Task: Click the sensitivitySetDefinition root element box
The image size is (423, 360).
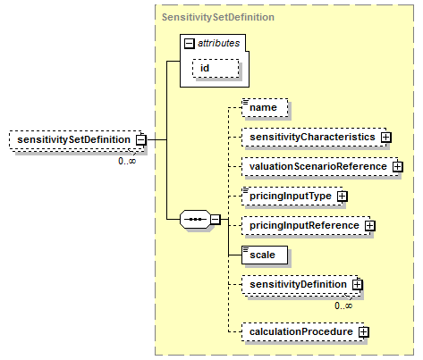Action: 78,140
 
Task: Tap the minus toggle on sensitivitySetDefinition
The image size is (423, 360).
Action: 141,140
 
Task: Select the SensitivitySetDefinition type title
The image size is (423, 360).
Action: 218,17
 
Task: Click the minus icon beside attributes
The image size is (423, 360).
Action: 190,44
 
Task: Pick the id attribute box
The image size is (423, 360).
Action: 216,69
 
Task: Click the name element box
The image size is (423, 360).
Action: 265,107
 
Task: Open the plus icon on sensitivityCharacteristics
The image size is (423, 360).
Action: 386,137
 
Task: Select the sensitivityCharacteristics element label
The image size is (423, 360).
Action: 312,137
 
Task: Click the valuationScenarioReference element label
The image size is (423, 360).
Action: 318,166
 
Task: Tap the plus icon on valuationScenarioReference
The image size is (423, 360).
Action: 398,166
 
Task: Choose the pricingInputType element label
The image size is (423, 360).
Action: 291,196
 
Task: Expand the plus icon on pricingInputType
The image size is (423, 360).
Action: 343,196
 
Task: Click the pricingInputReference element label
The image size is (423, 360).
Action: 304,225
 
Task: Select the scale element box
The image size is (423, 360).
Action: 265,255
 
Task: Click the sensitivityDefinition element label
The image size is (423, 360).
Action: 298,284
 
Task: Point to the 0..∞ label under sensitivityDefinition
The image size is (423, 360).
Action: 343,306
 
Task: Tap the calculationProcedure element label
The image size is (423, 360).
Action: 301,331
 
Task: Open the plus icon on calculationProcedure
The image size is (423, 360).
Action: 363,331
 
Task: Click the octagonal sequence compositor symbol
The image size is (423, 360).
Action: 195,220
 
